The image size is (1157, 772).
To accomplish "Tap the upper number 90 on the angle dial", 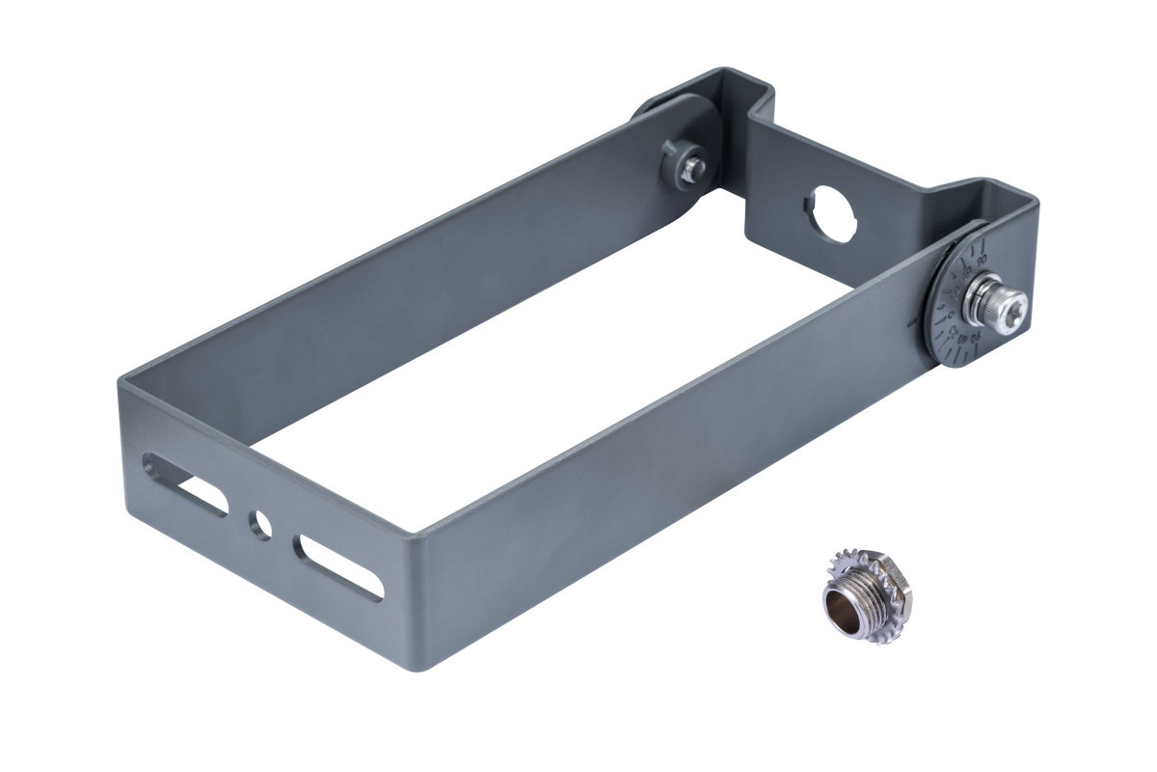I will pos(982,261).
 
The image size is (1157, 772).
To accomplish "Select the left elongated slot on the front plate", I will pos(187,483).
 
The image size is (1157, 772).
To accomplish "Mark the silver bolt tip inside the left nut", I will pos(690,172).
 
